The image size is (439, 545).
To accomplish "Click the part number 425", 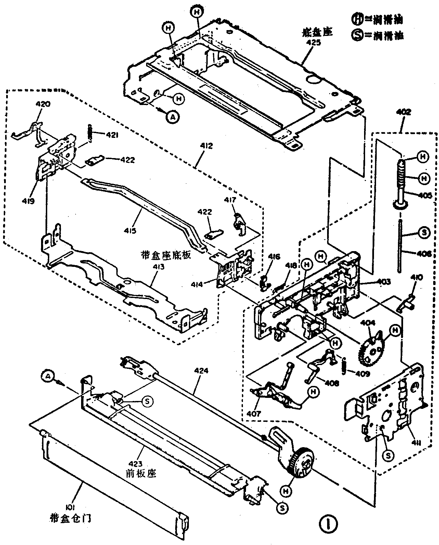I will (x=313, y=43).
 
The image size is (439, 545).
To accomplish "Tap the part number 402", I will (x=404, y=112).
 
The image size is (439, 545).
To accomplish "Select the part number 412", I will (x=207, y=146).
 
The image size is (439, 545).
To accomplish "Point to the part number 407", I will (x=255, y=414).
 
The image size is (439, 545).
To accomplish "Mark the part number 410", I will (x=410, y=277).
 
